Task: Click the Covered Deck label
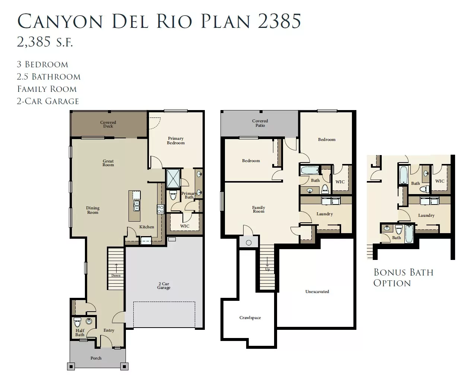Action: point(108,124)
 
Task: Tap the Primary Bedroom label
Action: point(176,141)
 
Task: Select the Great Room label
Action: point(108,163)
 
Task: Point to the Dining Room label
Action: point(93,210)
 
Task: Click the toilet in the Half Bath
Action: point(77,322)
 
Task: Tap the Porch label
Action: point(96,358)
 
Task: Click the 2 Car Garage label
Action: point(164,286)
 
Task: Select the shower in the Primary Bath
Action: point(173,178)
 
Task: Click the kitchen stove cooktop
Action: point(160,209)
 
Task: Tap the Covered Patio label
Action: point(260,123)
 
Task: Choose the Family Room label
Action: point(258,209)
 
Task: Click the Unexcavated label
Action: point(317,292)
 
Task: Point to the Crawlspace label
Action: point(250,318)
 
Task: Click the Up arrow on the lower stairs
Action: point(267,262)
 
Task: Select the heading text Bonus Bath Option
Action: point(403,278)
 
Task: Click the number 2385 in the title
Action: point(279,21)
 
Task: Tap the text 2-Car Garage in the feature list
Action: point(48,101)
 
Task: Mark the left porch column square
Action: point(71,366)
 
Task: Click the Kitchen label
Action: point(147,227)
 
